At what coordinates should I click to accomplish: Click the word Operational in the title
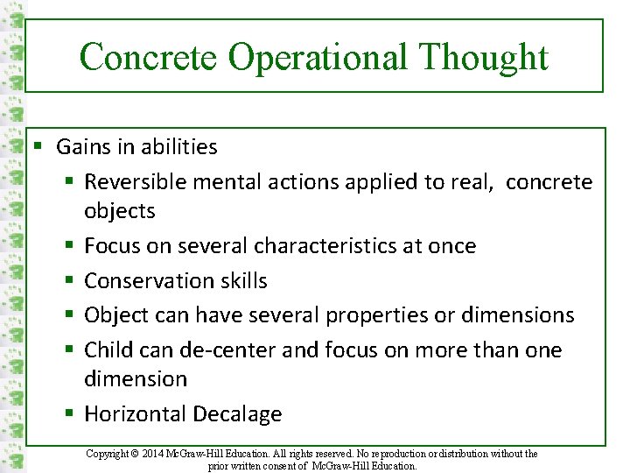coord(318,58)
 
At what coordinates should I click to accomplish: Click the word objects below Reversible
coord(119,211)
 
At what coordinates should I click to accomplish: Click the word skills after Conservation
coord(239,280)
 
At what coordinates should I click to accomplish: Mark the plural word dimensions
coord(516,315)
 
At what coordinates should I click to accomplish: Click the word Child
coord(106,350)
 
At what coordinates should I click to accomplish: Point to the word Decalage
coord(239,413)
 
